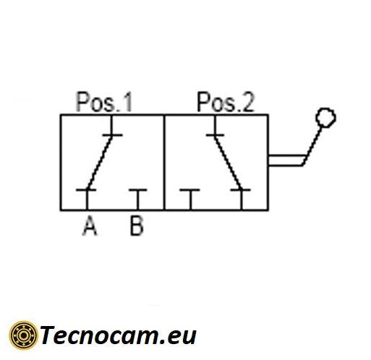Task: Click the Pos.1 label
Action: tap(104, 102)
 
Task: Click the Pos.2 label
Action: tap(226, 102)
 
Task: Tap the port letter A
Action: tap(90, 226)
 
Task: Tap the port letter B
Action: tap(137, 226)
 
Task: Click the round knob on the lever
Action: tap(325, 117)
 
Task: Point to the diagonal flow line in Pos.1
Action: tap(100, 163)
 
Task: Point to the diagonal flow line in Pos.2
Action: tap(228, 163)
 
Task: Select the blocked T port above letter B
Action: tap(138, 199)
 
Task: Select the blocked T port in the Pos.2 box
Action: tap(189, 199)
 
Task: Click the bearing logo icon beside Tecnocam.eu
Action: tap(23, 335)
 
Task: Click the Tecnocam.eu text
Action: tap(118, 335)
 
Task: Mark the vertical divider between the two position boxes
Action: tap(164, 163)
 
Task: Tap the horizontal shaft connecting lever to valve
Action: tap(286, 160)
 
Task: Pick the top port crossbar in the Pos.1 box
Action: tap(113, 135)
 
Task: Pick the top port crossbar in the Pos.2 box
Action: tap(215, 135)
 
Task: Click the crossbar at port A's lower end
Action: tap(86, 190)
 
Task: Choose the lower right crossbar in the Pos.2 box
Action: tap(240, 190)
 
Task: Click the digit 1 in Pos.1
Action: tap(128, 102)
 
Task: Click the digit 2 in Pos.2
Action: tap(248, 102)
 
